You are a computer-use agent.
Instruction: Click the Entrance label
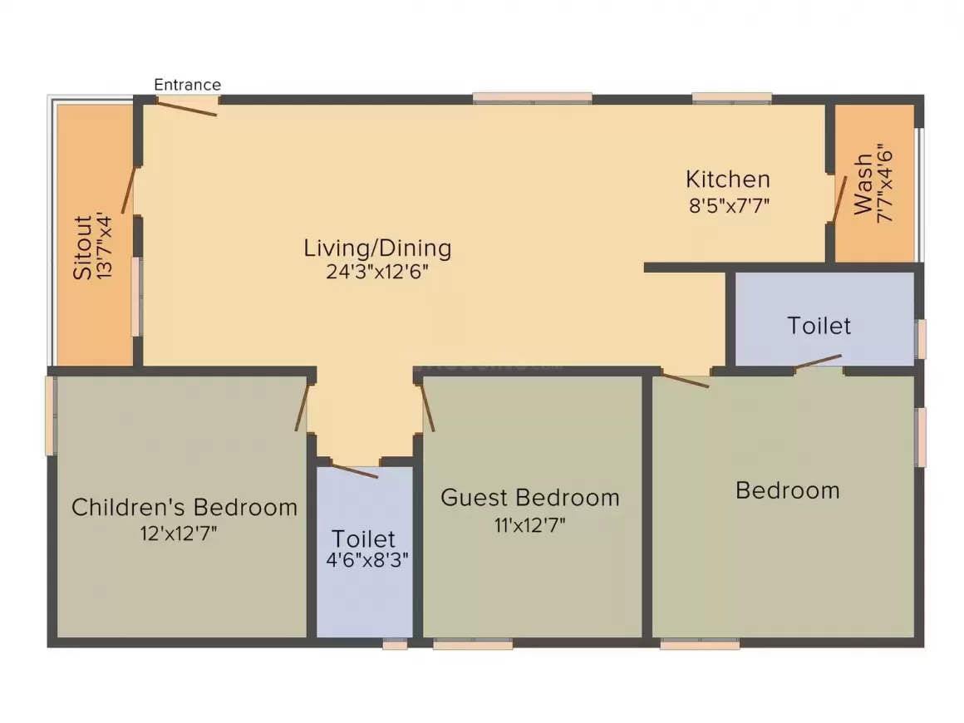coord(188,85)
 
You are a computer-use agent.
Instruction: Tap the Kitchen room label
coord(727,179)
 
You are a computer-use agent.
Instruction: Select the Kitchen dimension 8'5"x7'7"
coord(728,205)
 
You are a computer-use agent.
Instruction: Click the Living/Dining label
coord(377,248)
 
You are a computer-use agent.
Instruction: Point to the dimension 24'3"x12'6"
coord(377,272)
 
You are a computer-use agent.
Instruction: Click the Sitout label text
coord(82,247)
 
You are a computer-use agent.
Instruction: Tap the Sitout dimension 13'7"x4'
coord(104,247)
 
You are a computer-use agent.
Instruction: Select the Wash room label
coord(863,183)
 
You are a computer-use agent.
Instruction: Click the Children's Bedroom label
coord(184,507)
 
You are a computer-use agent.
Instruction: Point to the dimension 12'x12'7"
coord(179,533)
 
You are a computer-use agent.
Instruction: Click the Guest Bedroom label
coord(529,498)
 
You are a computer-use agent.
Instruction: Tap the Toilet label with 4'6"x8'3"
coord(364,538)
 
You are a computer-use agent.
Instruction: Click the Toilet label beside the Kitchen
coord(819,325)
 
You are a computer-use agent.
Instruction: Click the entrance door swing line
coord(188,107)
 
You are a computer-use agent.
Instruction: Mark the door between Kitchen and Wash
coord(839,199)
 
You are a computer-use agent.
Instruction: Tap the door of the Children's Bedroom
coord(302,407)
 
